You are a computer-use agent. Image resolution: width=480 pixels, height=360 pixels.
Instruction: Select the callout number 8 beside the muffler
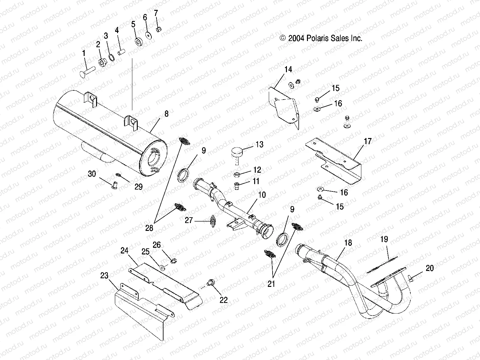[166, 114]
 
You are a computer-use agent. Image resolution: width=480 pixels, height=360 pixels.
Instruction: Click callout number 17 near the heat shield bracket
[367, 141]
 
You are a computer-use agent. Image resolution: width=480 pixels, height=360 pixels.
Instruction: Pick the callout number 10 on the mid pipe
[262, 195]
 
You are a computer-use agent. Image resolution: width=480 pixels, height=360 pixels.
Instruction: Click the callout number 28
[149, 228]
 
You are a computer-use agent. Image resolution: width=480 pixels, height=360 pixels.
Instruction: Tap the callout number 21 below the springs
[271, 284]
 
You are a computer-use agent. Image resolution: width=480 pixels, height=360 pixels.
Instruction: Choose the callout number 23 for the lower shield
[104, 275]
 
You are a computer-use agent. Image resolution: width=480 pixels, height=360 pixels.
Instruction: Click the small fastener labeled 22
[210, 282]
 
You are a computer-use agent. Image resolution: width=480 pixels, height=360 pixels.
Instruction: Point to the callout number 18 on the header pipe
[348, 243]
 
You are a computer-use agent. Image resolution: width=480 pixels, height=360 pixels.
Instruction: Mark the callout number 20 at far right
[429, 268]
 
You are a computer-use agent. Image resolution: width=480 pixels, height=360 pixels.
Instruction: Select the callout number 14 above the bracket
[288, 69]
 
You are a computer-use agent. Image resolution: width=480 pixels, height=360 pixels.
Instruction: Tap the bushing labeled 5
[138, 42]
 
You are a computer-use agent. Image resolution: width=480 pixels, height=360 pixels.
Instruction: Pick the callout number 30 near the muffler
[92, 174]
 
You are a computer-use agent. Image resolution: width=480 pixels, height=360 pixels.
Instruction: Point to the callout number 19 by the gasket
[384, 239]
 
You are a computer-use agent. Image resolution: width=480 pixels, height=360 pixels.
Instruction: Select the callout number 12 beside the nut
[257, 170]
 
